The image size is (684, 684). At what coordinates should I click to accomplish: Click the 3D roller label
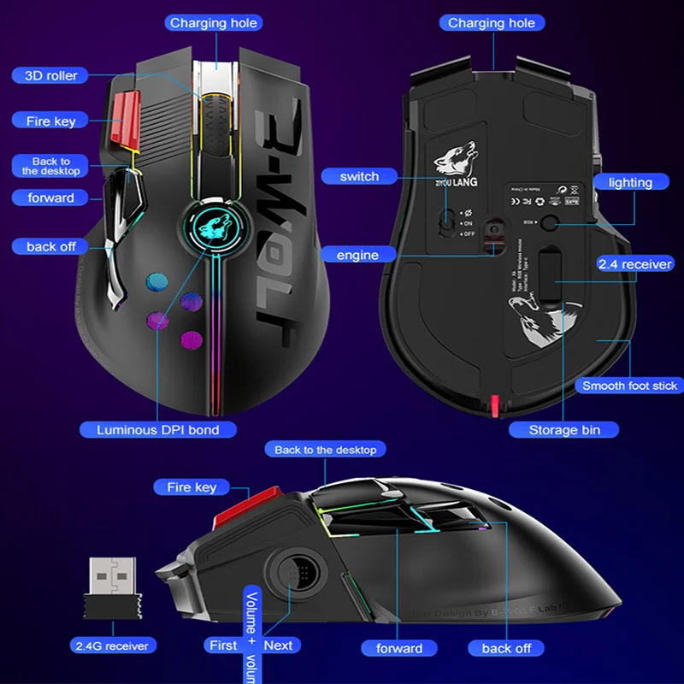[51, 75]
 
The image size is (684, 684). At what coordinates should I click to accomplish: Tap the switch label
[359, 176]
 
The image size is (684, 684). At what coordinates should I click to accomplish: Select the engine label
[357, 255]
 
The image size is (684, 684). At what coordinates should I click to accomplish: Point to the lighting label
[630, 182]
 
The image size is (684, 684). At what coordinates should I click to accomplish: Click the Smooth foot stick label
[629, 386]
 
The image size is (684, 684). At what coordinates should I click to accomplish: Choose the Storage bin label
[564, 429]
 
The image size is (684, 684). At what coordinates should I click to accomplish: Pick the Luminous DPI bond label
[157, 429]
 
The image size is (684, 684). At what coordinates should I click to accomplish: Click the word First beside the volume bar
[223, 646]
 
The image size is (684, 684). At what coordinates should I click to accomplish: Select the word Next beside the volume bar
[278, 646]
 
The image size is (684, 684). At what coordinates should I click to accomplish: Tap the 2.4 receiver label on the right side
[634, 264]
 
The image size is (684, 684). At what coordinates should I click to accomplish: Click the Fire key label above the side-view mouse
[192, 486]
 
